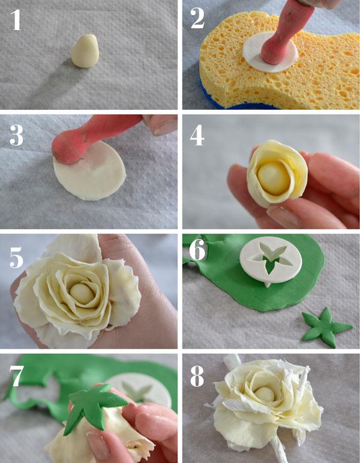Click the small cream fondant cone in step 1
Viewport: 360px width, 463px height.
[83, 50]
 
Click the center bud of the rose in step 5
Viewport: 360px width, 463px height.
[80, 293]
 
